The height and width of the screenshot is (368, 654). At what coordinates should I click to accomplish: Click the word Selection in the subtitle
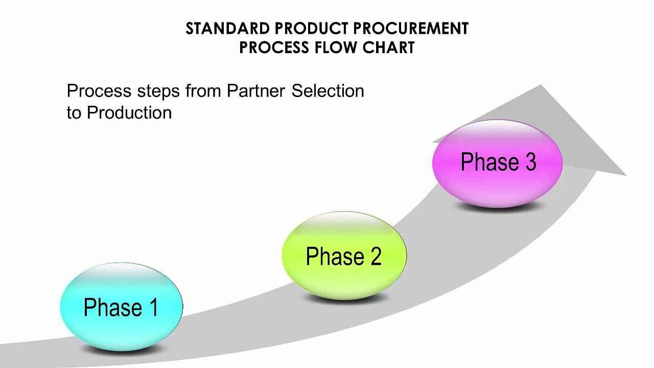pos(328,91)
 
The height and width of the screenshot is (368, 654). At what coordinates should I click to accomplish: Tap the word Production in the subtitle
pos(129,113)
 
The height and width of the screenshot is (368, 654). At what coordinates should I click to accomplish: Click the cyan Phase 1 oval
pos(121,307)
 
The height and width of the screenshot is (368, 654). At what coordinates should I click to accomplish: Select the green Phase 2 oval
pos(344,256)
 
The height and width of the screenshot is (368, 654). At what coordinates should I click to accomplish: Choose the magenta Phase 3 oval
pos(497,162)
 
